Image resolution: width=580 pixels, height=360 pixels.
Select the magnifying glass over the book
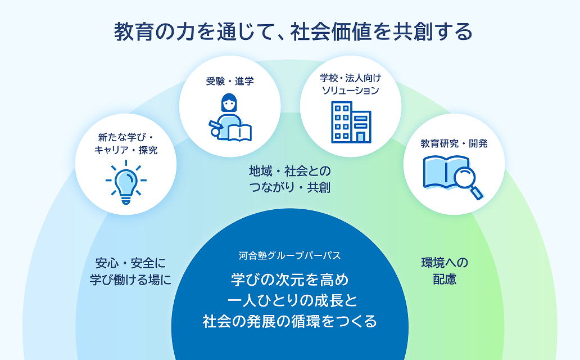pyautogui.click(x=467, y=179)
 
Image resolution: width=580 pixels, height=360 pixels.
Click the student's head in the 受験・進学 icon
pyautogui.click(x=229, y=102)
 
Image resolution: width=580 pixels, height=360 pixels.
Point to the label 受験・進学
pyautogui.click(x=229, y=82)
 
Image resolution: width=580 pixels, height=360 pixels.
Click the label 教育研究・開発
pyautogui.click(x=454, y=143)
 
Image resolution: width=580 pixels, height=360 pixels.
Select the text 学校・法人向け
pyautogui.click(x=350, y=78)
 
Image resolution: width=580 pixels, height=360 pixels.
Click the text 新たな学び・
pyautogui.click(x=126, y=137)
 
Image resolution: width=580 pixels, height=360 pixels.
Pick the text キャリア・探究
pyautogui.click(x=126, y=150)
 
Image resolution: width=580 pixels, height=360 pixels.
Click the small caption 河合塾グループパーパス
pyautogui.click(x=289, y=255)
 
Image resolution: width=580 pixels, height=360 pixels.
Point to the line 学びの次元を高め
pyautogui.click(x=289, y=278)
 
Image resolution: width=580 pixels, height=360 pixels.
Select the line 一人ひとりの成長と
pyautogui.click(x=289, y=300)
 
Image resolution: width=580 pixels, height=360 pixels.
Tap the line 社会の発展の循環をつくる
pyautogui.click(x=289, y=322)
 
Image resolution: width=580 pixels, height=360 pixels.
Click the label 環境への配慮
pyautogui.click(x=445, y=271)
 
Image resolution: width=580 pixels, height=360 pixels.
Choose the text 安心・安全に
pyautogui.click(x=130, y=263)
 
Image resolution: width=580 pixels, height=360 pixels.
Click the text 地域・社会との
pyautogui.click(x=289, y=169)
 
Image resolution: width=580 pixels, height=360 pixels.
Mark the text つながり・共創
pyautogui.click(x=289, y=188)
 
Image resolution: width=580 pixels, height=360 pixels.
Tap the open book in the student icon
pyautogui.click(x=238, y=133)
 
